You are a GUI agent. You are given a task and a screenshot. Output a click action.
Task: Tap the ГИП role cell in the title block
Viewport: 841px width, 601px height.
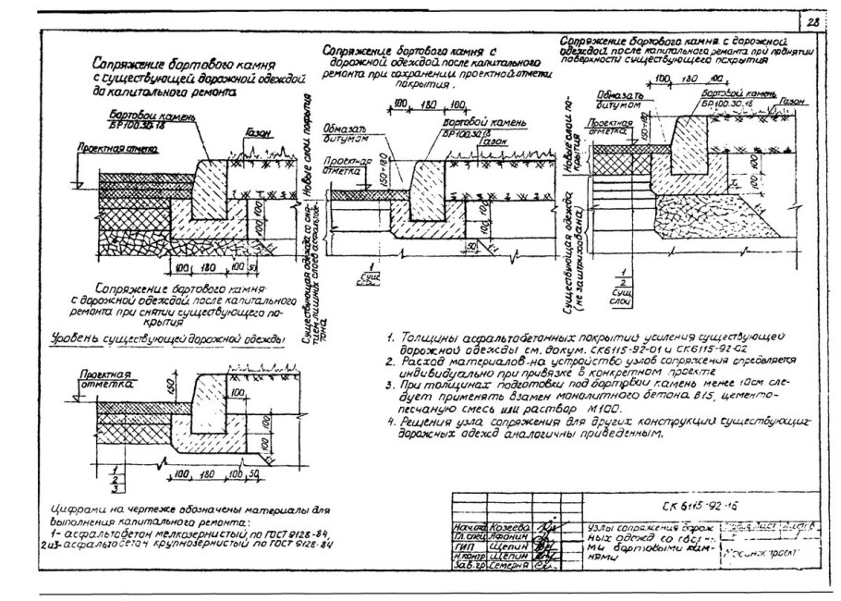[x=466, y=546]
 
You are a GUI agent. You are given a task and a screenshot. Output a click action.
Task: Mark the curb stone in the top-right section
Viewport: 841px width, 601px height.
[x=691, y=148]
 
